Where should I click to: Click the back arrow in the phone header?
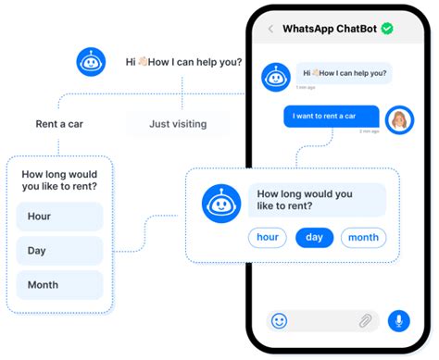coord(270,29)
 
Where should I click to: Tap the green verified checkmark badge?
coord(387,29)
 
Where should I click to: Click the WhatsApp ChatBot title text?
coord(330,29)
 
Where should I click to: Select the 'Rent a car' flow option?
coord(59,123)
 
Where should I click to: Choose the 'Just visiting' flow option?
coord(178,123)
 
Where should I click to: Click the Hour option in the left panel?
coord(59,217)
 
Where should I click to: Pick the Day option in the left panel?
coord(59,250)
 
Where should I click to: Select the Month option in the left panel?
coord(59,284)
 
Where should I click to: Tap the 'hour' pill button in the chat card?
coord(268,238)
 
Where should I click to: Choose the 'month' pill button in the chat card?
coord(363,238)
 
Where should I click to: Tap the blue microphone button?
coord(399,321)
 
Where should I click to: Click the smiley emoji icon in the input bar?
coord(279,321)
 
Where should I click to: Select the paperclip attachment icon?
coord(365,321)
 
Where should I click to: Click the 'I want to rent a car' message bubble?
coord(331,117)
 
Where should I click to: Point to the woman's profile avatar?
coord(399,120)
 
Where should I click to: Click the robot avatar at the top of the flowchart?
coord(91,62)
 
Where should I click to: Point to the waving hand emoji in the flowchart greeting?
coord(144,62)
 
